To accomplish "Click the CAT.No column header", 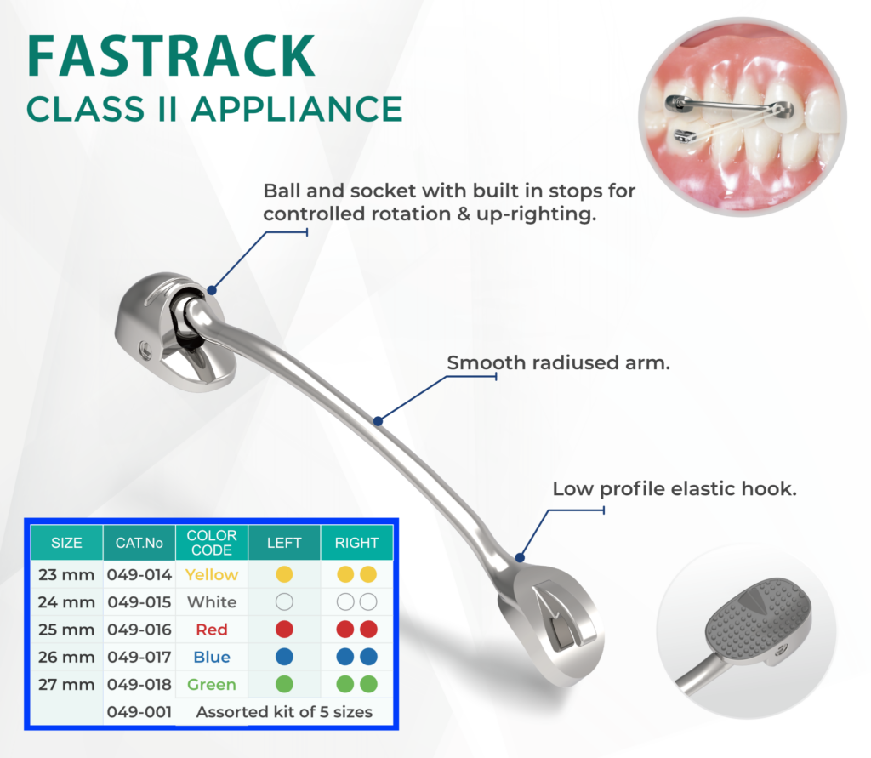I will coord(139,542).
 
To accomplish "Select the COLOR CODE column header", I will coord(212,542).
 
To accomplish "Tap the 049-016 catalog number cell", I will coord(139,630).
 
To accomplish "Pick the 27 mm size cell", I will coord(66,684).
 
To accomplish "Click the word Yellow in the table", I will coord(212,575).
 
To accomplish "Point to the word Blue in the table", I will coord(212,657).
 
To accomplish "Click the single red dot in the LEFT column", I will coord(284,630).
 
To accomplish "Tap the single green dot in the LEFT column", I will coord(284,684).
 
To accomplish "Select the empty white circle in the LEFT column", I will coord(284,602).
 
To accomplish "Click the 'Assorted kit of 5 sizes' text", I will coord(284,711).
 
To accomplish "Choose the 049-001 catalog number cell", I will coord(139,711).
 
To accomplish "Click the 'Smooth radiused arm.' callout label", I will coord(559,363).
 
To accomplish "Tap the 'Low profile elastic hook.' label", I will coord(675,489).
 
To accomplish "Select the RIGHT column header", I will coord(356,542).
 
